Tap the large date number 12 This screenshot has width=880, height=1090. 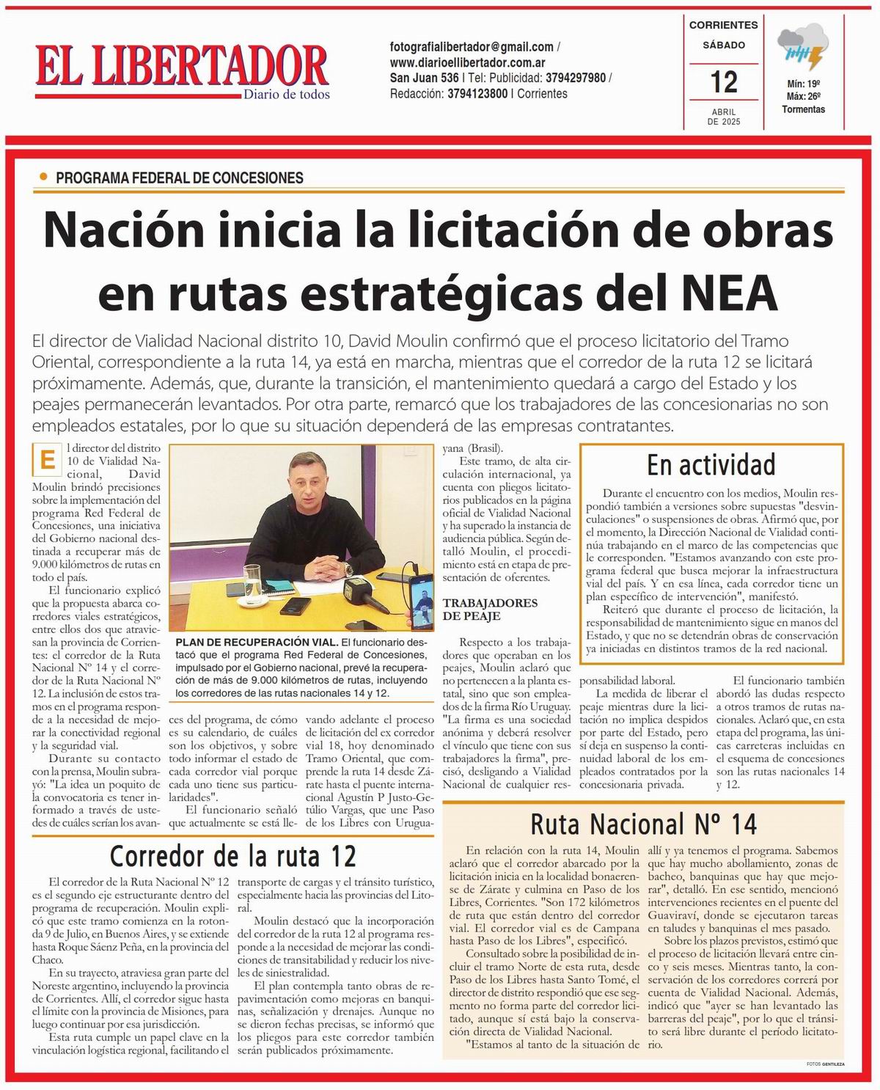(724, 81)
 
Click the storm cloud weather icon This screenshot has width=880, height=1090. (803, 48)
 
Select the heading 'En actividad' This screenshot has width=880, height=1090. (711, 465)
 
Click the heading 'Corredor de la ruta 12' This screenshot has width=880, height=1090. (232, 856)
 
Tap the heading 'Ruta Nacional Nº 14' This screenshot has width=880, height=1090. (643, 824)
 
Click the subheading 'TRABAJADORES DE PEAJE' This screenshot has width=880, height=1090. (489, 609)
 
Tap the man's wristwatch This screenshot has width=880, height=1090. (348, 568)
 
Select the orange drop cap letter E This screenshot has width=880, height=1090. (48, 460)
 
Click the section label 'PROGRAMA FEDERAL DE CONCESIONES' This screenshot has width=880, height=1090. (179, 178)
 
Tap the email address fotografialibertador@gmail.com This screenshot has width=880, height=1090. (472, 46)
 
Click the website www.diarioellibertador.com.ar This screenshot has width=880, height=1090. (467, 62)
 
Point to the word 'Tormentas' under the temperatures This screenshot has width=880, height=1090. (803, 109)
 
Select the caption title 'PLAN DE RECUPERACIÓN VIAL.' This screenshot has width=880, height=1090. (257, 642)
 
